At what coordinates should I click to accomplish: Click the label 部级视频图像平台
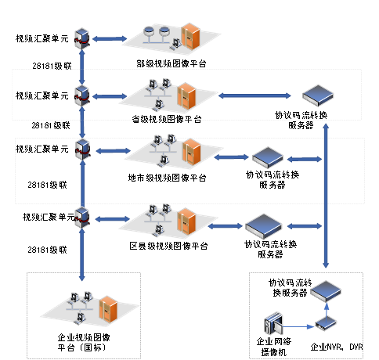click(x=171, y=63)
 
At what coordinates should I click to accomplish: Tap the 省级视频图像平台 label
click(x=167, y=119)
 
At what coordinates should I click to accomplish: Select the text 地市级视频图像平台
click(x=167, y=178)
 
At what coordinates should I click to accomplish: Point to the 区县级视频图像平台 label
click(x=168, y=246)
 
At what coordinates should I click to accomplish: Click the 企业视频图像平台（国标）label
click(x=84, y=342)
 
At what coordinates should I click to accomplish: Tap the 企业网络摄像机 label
click(x=274, y=347)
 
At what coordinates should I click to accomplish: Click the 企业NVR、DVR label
click(x=337, y=347)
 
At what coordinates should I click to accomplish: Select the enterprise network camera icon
click(x=273, y=323)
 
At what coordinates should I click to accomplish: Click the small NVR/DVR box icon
click(x=326, y=323)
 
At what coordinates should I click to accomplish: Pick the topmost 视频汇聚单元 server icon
click(x=82, y=38)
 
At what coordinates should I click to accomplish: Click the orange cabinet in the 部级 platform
click(x=191, y=36)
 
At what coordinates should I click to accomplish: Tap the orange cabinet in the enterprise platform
click(x=108, y=309)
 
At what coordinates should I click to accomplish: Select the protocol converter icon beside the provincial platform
click(x=318, y=95)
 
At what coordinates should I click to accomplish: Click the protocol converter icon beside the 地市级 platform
click(x=268, y=157)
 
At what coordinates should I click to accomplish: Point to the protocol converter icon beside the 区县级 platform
click(x=263, y=225)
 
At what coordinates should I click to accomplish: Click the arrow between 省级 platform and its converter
click(x=254, y=95)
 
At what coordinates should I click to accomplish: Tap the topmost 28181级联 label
click(x=52, y=66)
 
